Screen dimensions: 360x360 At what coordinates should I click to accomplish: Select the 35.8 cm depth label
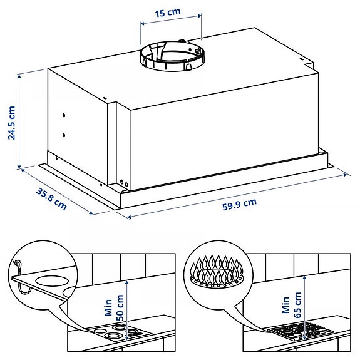click(x=51, y=198)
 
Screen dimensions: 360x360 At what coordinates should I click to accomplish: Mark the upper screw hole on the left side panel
click(x=64, y=116)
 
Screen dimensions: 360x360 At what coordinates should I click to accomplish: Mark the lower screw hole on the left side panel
click(x=64, y=134)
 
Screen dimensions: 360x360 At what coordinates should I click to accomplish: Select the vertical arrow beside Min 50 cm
click(x=127, y=310)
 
